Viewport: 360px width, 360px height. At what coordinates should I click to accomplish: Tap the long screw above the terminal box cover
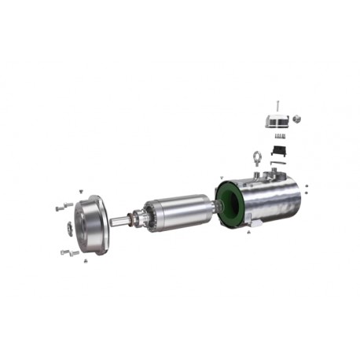pos(277,103)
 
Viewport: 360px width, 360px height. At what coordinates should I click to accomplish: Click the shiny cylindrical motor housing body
pos(271,200)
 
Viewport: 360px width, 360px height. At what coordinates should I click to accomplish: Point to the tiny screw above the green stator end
pos(222,177)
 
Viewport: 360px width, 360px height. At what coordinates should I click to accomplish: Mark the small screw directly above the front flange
pos(83,191)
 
